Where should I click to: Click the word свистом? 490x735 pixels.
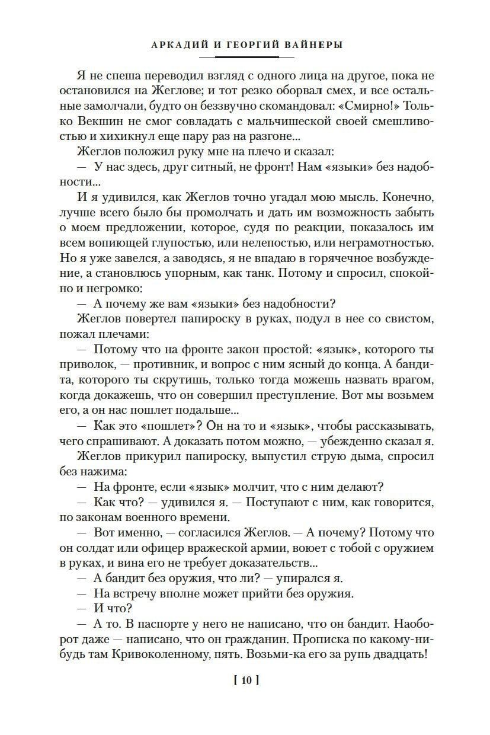click(406, 319)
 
